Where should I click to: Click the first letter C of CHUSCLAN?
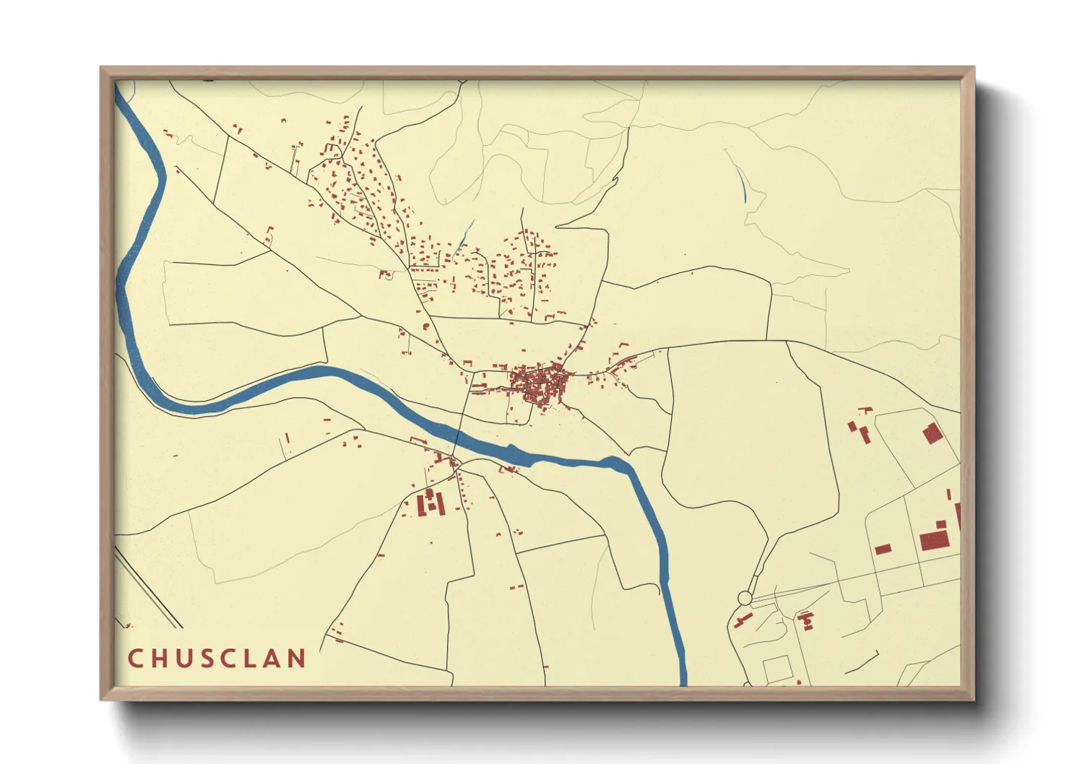(135, 659)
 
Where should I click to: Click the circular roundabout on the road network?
(745, 598)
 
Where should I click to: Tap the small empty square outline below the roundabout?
(776, 669)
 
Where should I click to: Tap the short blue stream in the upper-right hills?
(743, 186)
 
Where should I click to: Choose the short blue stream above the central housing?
(466, 233)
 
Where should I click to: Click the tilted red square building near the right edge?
(932, 433)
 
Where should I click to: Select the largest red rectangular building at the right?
(934, 540)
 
